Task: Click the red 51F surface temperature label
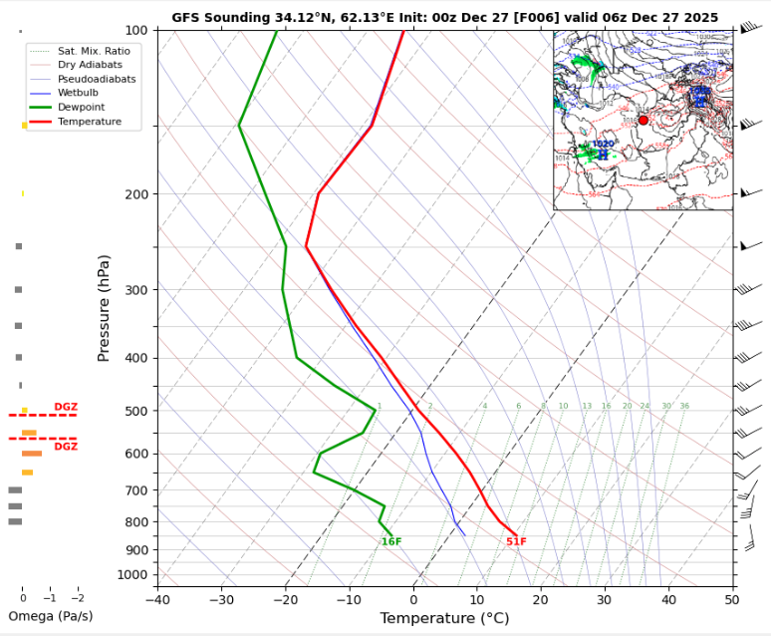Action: (516, 542)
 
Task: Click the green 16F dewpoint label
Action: (391, 542)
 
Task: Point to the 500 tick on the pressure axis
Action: (135, 411)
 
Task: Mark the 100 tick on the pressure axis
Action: (135, 31)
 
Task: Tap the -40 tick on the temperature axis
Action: (157, 598)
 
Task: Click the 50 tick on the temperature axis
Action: (732, 598)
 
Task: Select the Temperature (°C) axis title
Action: (444, 618)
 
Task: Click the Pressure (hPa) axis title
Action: (104, 307)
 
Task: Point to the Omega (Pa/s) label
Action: (50, 616)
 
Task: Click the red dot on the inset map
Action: (643, 120)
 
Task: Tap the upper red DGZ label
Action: (66, 407)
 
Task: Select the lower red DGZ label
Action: (66, 447)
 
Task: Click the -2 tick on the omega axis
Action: (78, 597)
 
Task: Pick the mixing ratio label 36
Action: (684, 407)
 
